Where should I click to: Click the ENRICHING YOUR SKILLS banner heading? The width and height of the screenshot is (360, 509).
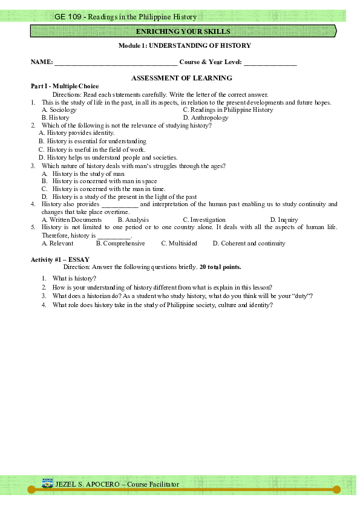183,31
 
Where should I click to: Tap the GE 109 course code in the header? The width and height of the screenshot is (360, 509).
68,17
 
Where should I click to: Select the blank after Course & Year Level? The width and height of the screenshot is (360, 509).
270,62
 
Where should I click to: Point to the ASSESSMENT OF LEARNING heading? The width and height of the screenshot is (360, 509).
182,78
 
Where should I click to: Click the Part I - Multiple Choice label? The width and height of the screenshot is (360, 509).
65,86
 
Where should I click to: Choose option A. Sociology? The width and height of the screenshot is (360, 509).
59,110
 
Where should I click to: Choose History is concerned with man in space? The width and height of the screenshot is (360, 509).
100,181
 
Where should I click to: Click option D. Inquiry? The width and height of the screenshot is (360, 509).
284,220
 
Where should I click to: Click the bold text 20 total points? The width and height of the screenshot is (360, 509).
220,267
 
